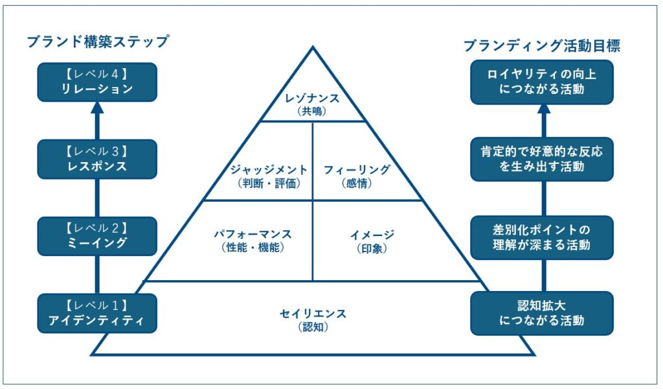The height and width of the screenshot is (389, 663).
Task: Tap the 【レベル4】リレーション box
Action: click(x=97, y=82)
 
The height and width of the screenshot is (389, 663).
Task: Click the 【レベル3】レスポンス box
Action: click(x=97, y=159)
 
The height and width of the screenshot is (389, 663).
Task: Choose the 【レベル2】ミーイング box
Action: click(x=97, y=236)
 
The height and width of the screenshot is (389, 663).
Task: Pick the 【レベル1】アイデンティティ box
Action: click(x=97, y=313)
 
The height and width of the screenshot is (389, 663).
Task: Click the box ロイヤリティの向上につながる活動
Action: click(x=542, y=82)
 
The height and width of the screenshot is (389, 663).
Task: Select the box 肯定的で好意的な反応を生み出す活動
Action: click(x=542, y=159)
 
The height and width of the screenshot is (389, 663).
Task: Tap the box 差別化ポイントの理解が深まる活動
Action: click(x=542, y=237)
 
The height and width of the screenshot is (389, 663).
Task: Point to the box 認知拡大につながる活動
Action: click(x=542, y=313)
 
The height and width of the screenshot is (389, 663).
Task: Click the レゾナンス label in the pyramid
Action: click(x=313, y=99)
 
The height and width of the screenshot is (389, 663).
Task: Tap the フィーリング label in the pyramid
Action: click(x=357, y=170)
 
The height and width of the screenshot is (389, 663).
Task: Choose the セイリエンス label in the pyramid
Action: click(x=313, y=314)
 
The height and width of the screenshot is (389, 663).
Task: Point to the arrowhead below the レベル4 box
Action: click(x=97, y=111)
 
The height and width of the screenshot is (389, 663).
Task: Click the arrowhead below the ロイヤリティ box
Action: click(x=543, y=112)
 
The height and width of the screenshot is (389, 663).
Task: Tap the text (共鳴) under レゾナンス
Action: click(x=313, y=111)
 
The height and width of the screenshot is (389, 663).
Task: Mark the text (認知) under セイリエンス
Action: click(x=313, y=327)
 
